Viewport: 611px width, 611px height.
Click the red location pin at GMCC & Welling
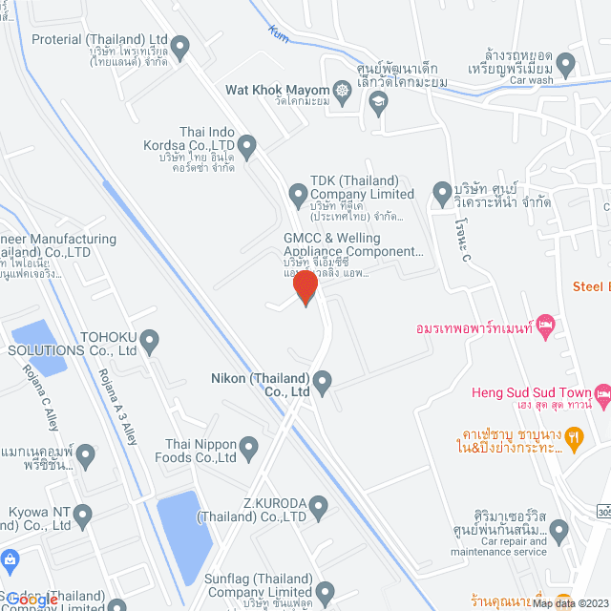tap(305, 287)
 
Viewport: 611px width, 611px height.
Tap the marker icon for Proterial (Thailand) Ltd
tap(179, 46)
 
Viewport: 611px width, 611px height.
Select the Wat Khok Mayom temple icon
tap(341, 91)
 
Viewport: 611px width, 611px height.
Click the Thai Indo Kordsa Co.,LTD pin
tap(246, 146)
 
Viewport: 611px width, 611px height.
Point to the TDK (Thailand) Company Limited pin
tap(295, 194)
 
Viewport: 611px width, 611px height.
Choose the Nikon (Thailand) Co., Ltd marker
tap(323, 384)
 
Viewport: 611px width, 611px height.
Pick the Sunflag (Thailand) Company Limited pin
tap(326, 592)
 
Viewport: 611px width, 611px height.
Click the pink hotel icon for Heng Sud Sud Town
tap(602, 392)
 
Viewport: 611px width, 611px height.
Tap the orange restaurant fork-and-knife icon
tap(573, 439)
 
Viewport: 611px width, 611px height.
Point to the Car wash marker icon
tap(566, 65)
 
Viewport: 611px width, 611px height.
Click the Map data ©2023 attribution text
tap(571, 603)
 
